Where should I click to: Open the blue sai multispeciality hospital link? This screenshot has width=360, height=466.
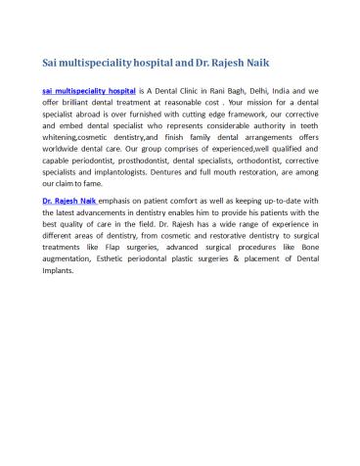(89, 89)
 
